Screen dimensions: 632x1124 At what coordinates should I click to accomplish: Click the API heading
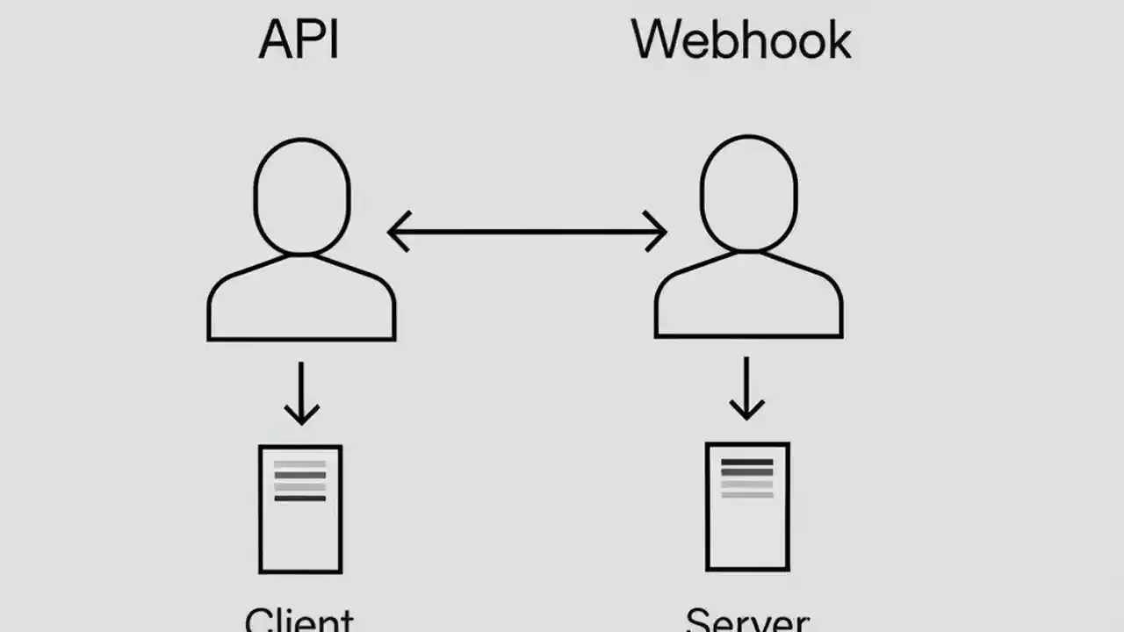[x=299, y=41]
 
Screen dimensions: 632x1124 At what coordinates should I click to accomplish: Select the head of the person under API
[x=301, y=195]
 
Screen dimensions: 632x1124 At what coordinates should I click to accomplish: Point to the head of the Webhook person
[x=748, y=193]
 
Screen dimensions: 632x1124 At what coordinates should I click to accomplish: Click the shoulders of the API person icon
[x=301, y=298]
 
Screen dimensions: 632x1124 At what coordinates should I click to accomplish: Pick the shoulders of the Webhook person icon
[x=748, y=297]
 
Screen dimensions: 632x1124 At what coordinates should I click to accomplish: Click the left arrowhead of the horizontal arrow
[x=397, y=232]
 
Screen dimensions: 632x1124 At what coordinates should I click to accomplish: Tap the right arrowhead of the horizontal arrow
[x=657, y=232]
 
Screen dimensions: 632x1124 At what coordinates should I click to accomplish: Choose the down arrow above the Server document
[x=746, y=388]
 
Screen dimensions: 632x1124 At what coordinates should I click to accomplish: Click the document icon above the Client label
[x=300, y=509]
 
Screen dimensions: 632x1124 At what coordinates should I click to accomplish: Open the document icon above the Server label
[x=747, y=506]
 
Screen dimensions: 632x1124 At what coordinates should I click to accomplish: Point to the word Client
[x=299, y=619]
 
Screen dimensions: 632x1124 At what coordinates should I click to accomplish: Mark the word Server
[x=746, y=620]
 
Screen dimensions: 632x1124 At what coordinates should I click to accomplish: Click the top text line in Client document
[x=299, y=464]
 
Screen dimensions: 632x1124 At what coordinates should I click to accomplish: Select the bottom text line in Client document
[x=299, y=498]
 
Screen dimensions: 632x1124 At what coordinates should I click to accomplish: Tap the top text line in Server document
[x=746, y=462]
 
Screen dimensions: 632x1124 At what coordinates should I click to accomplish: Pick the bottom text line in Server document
[x=746, y=495]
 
